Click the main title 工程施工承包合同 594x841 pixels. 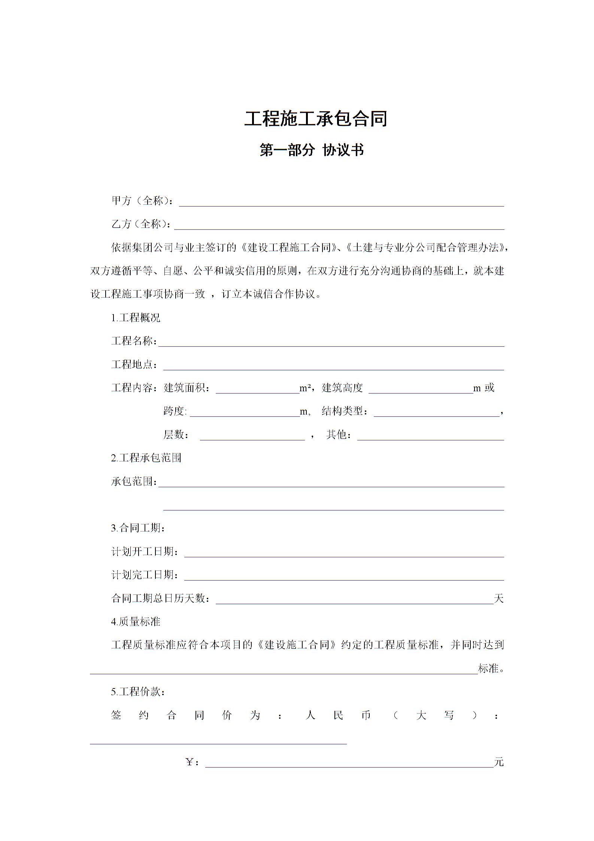click(315, 119)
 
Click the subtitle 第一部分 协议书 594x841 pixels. click(312, 150)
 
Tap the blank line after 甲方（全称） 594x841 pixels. click(341, 202)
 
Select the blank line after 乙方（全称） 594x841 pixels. click(339, 226)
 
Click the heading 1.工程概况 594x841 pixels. click(136, 318)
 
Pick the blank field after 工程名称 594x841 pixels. click(331, 343)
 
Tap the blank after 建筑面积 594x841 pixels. click(257, 389)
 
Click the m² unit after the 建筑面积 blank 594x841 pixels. click(305, 388)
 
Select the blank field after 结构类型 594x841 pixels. click(436, 413)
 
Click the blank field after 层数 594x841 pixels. click(252, 436)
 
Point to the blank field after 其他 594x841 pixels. click(431, 436)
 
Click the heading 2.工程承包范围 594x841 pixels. click(146, 458)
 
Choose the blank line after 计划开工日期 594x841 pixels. click(344, 553)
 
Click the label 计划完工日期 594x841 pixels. click(145, 575)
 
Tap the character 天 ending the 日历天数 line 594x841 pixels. click(499, 599)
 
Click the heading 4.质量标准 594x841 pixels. click(136, 622)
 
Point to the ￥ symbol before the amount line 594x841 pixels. click(190, 762)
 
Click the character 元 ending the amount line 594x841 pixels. click(499, 762)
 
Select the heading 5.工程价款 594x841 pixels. click(138, 692)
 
